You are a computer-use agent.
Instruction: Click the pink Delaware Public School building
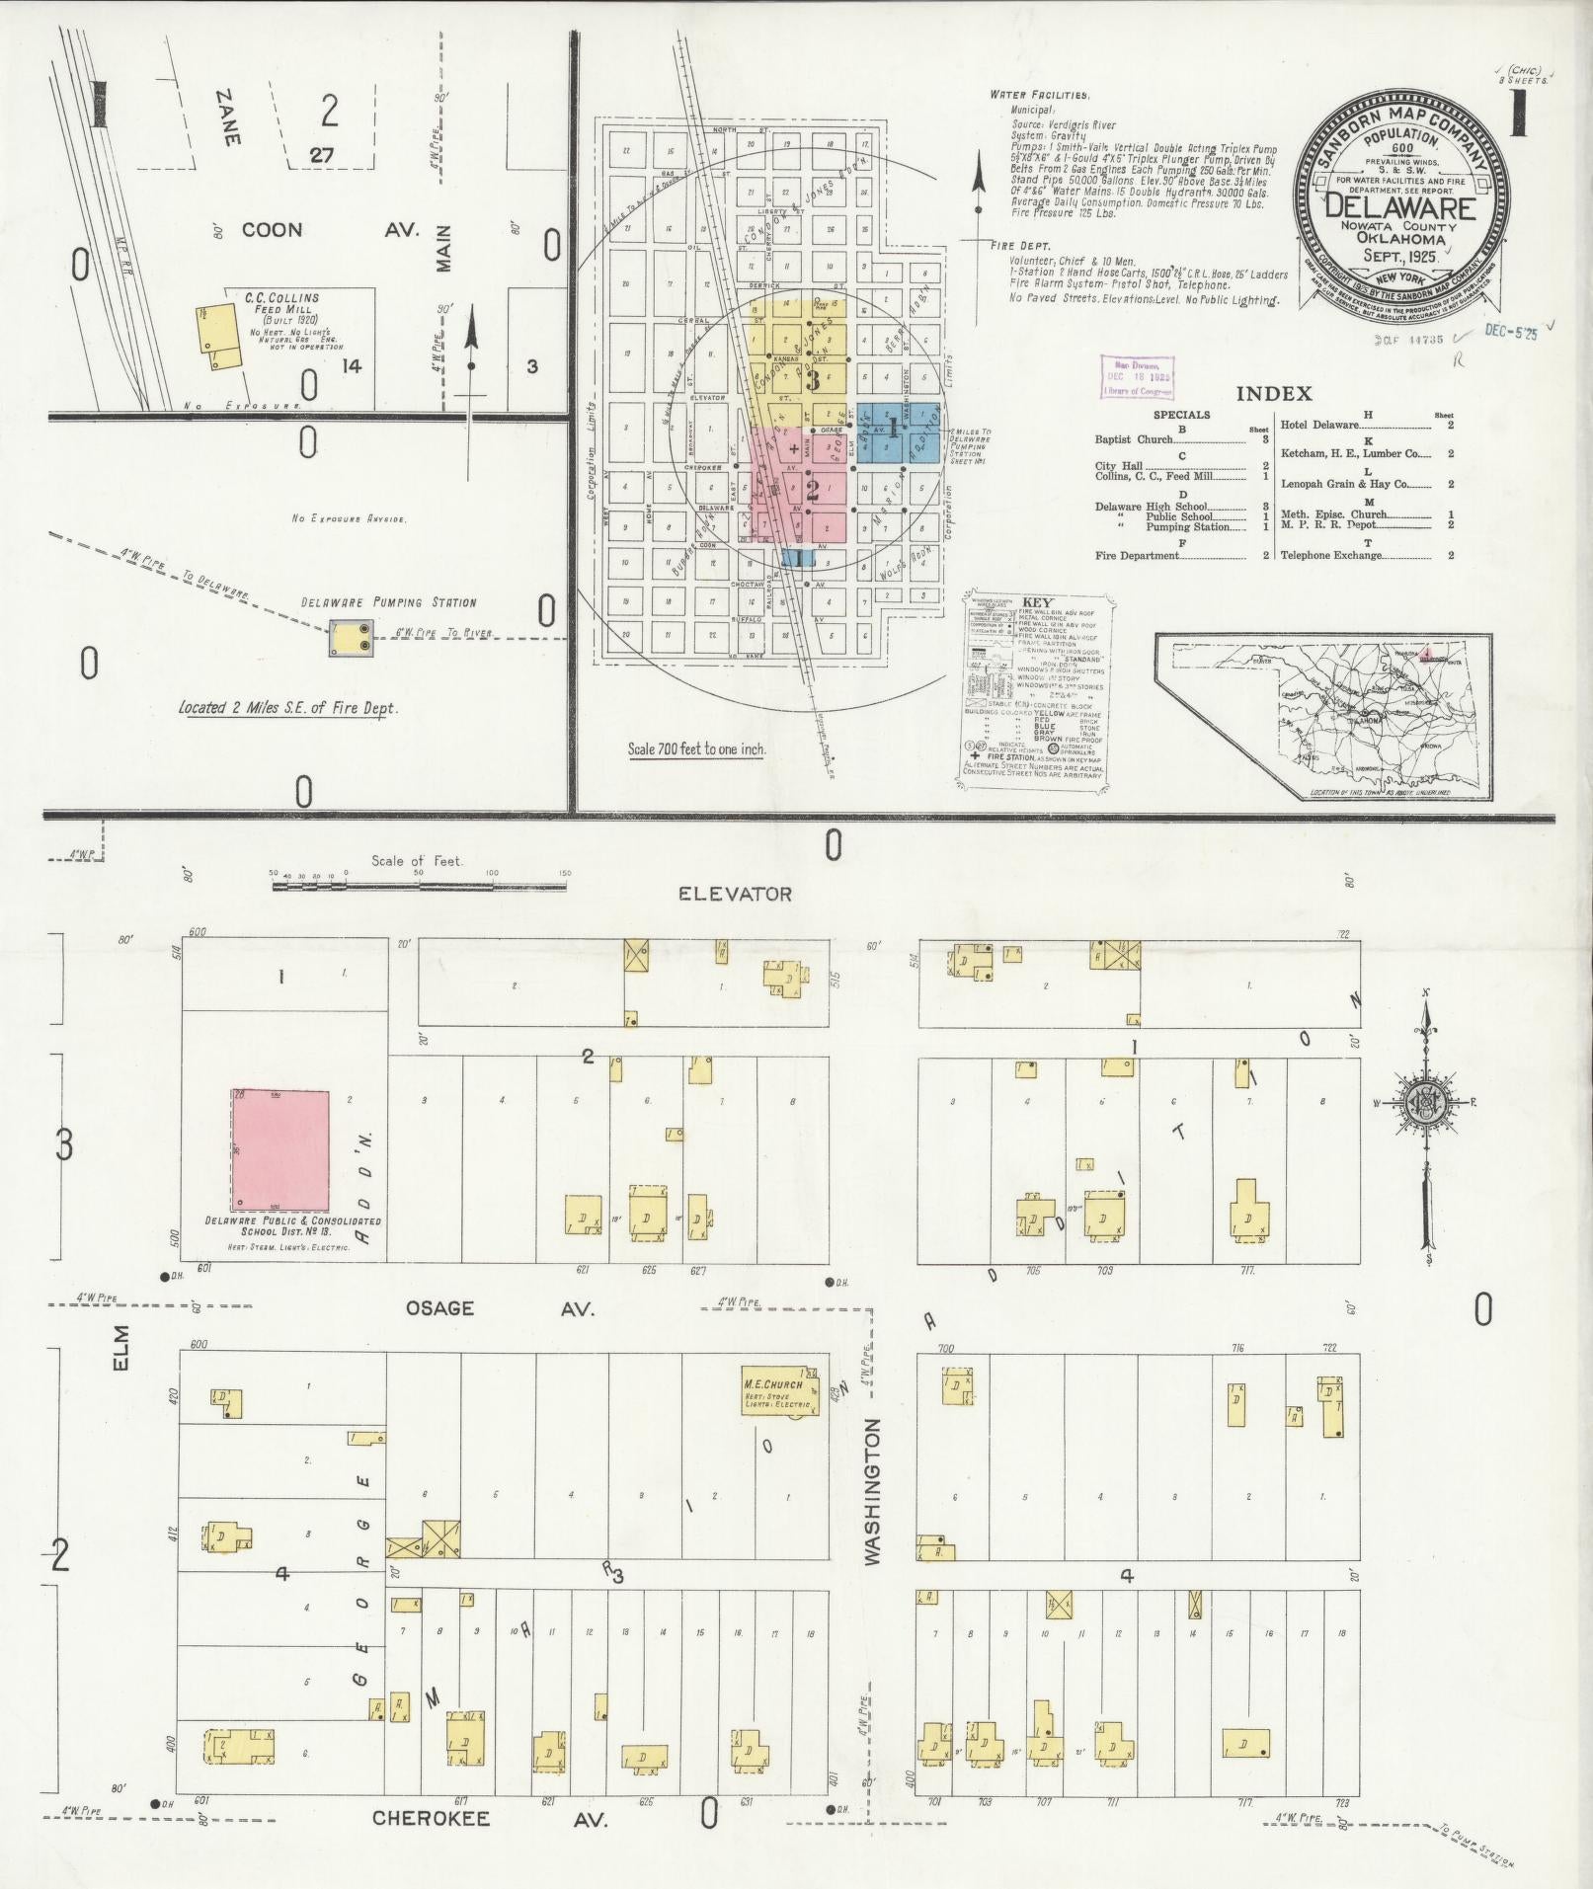click(280, 1150)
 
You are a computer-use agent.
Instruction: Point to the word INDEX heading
click(1274, 394)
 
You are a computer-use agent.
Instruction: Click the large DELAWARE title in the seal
click(1399, 208)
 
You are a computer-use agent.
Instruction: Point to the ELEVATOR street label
click(735, 894)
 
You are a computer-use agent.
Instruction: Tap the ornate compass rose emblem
click(1423, 1104)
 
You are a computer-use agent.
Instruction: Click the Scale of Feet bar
click(419, 886)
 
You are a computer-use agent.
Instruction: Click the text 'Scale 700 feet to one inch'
click(696, 748)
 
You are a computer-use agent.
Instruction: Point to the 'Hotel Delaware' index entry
click(1319, 425)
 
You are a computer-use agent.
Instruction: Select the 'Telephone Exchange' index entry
click(1330, 555)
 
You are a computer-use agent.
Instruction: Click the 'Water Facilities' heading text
click(1039, 96)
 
